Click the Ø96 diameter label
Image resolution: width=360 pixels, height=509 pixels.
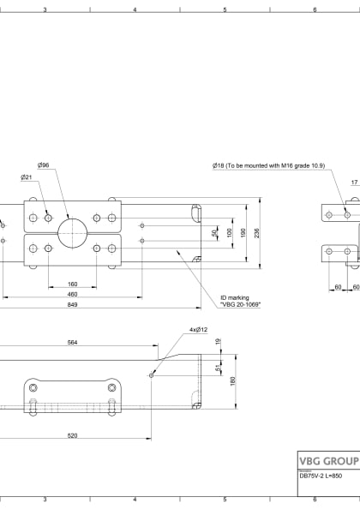pyautogui.click(x=43, y=165)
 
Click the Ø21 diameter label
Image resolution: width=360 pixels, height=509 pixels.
pyautogui.click(x=27, y=177)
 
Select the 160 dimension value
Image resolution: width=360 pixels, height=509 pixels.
pyautogui.click(x=72, y=284)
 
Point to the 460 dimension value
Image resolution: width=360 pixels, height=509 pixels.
pyautogui.click(x=72, y=294)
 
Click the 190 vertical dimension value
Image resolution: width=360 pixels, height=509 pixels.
pyautogui.click(x=243, y=232)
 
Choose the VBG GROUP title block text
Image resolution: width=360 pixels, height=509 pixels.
pyautogui.click(x=327, y=459)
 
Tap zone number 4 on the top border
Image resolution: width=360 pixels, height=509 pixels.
pyautogui.click(x=135, y=9)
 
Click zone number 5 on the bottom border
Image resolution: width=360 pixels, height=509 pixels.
pyautogui.click(x=225, y=499)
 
